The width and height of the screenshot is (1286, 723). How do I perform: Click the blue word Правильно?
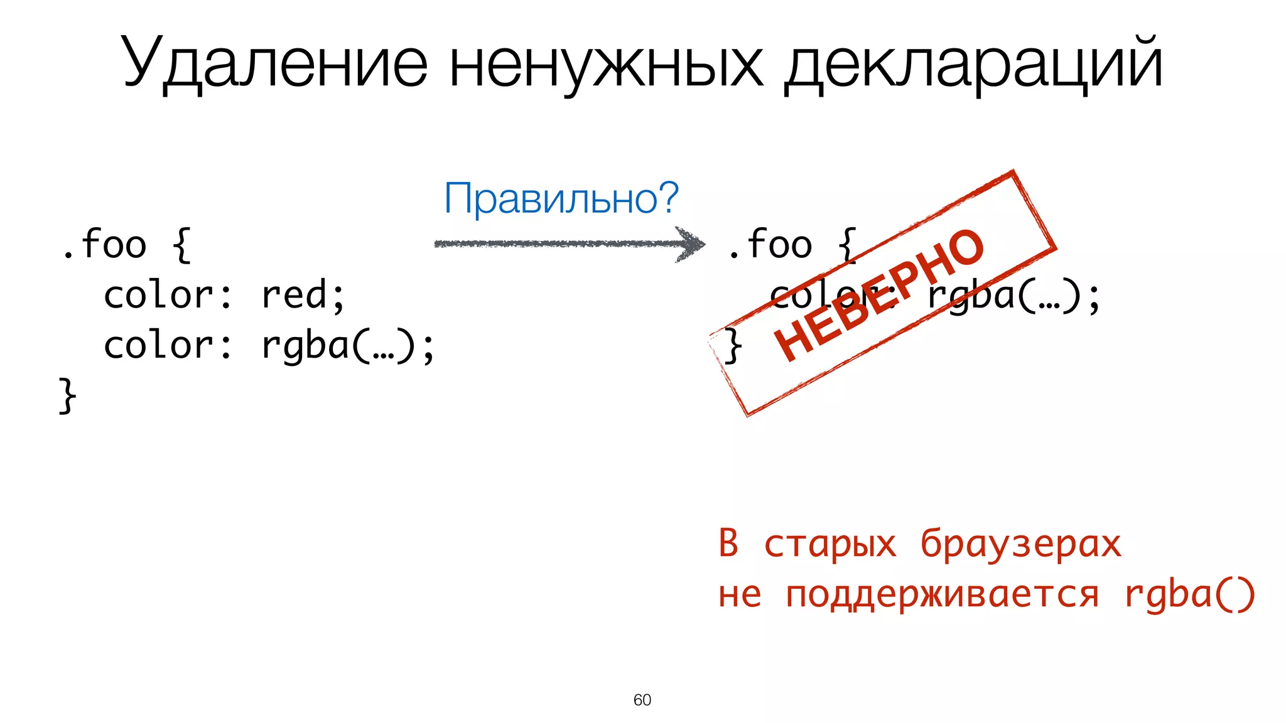click(x=561, y=198)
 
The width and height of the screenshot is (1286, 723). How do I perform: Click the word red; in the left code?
click(x=303, y=295)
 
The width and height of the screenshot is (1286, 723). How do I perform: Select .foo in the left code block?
click(x=104, y=244)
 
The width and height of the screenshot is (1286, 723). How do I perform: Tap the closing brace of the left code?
click(x=67, y=395)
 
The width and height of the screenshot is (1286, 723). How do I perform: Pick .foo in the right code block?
click(x=769, y=244)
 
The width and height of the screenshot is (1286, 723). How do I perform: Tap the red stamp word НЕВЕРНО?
click(x=879, y=295)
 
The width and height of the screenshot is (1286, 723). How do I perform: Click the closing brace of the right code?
click(x=732, y=345)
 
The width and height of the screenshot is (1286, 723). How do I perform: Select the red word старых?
click(x=829, y=544)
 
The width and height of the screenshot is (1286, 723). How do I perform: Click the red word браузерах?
click(x=1020, y=544)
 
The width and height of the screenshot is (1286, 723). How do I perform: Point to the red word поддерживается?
click(x=942, y=594)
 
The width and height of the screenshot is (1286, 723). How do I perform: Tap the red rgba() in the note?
click(x=1189, y=594)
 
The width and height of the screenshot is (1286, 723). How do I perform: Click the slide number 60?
click(x=642, y=700)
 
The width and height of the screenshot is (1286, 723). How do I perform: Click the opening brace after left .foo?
click(x=181, y=244)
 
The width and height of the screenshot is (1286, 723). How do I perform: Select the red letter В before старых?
click(x=728, y=543)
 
